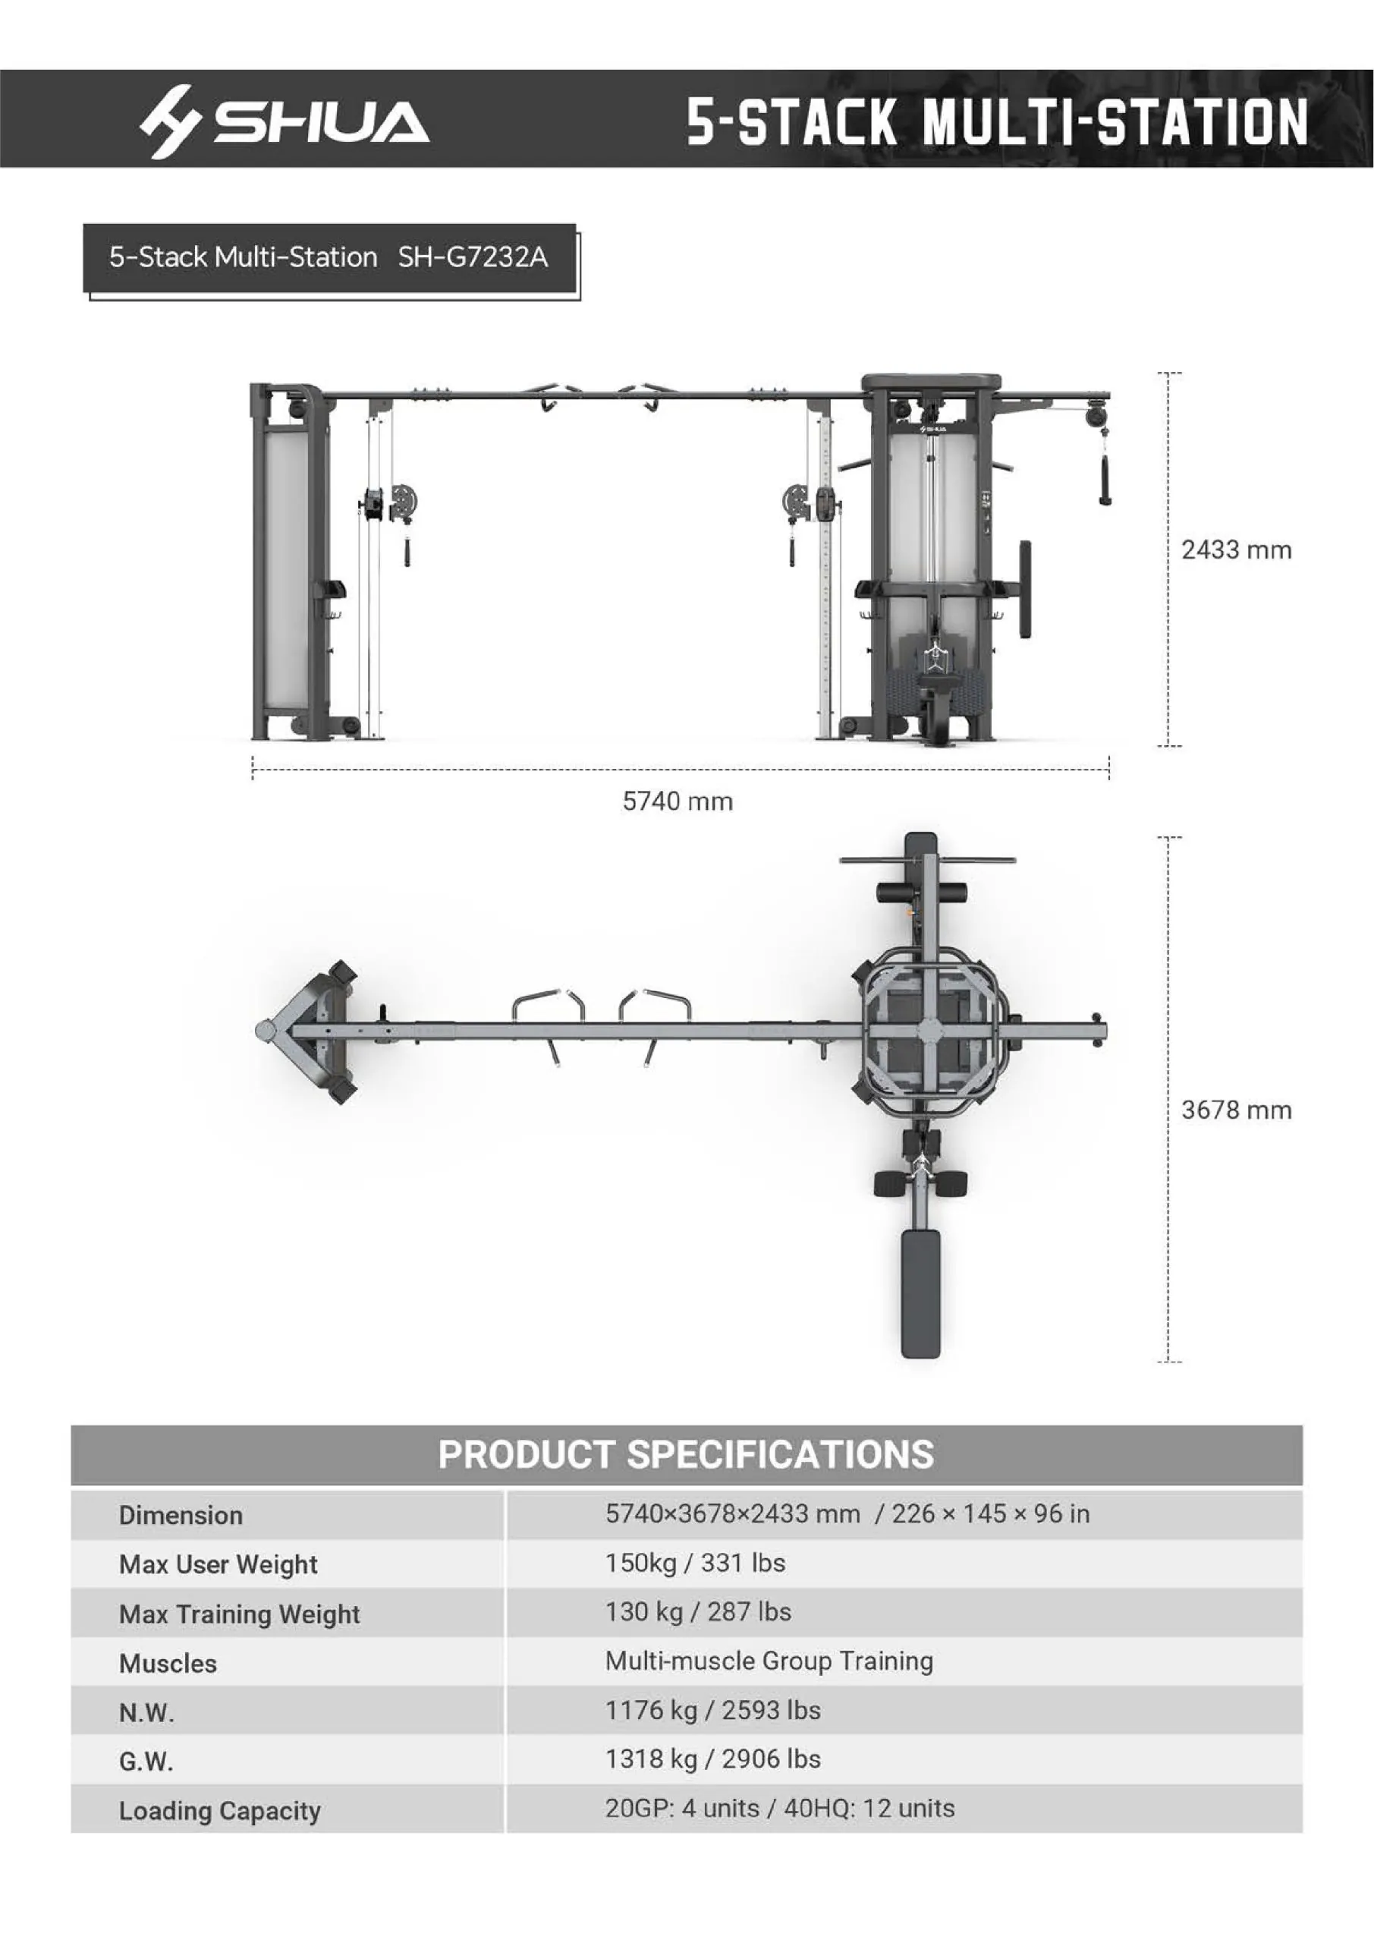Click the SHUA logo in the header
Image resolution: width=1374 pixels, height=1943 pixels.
pyautogui.click(x=285, y=121)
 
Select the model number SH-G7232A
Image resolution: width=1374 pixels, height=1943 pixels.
pyautogui.click(x=473, y=257)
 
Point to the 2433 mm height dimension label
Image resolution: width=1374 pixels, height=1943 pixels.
pyautogui.click(x=1236, y=550)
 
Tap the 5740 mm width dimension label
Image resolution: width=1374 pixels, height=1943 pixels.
pyautogui.click(x=678, y=801)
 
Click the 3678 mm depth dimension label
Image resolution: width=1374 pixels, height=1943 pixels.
pyautogui.click(x=1236, y=1110)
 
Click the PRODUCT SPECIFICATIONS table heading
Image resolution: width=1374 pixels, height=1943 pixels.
pyautogui.click(x=686, y=1454)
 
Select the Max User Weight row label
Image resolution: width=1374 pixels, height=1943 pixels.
pyautogui.click(x=219, y=1565)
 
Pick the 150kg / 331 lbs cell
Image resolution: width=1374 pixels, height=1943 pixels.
pyautogui.click(x=696, y=1562)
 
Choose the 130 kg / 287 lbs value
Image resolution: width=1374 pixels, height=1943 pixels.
pyautogui.click(x=698, y=1611)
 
